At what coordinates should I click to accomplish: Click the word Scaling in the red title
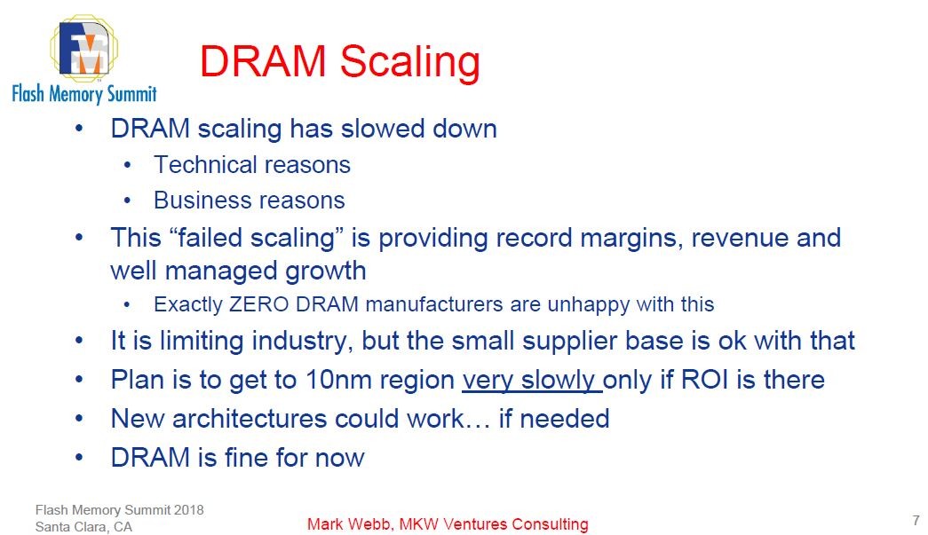pos(409,63)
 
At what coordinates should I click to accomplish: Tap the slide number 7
pos(916,520)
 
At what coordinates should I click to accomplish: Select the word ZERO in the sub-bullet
pos(258,303)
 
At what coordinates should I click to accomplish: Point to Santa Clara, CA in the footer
pos(83,527)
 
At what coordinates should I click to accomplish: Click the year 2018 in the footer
pos(189,509)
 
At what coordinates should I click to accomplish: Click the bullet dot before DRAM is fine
pos(79,457)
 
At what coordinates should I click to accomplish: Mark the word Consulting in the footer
pos(550,524)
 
